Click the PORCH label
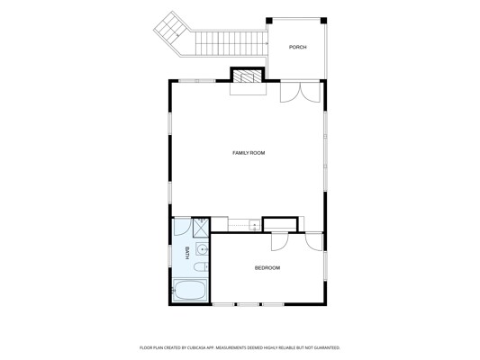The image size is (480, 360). click(297, 47)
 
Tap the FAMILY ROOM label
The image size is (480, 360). click(249, 153)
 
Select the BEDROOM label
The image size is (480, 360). click(267, 268)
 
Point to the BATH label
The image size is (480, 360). click(186, 253)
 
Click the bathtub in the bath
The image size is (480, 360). click(191, 290)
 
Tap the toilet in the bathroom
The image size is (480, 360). click(201, 267)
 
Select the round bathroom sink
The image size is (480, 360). click(202, 250)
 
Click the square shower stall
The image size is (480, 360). click(201, 228)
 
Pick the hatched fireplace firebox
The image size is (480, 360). click(248, 76)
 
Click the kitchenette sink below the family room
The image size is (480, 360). click(254, 226)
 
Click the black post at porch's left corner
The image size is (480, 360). click(268, 21)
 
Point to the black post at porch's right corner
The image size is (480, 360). click(323, 21)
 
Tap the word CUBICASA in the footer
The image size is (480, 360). click(196, 347)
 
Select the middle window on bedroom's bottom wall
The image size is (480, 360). click(248, 304)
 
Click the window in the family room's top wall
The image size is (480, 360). click(197, 81)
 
